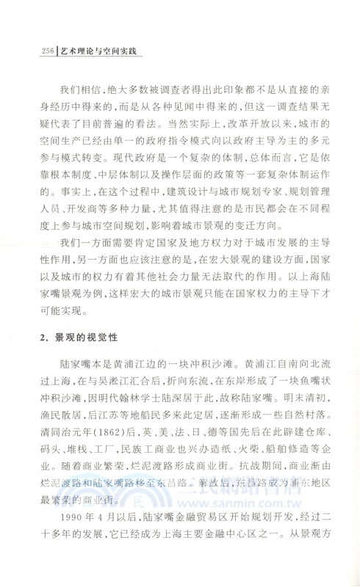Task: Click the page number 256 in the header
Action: coord(33,51)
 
